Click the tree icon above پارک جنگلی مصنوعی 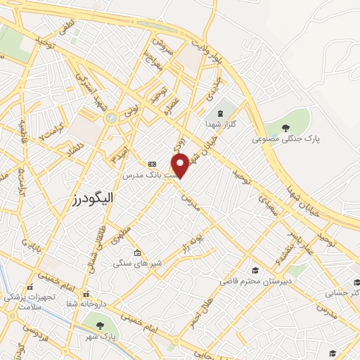click(x=285, y=127)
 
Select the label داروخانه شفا click(x=86, y=304)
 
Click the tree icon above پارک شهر click(x=98, y=324)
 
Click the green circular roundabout click(x=110, y=118)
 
